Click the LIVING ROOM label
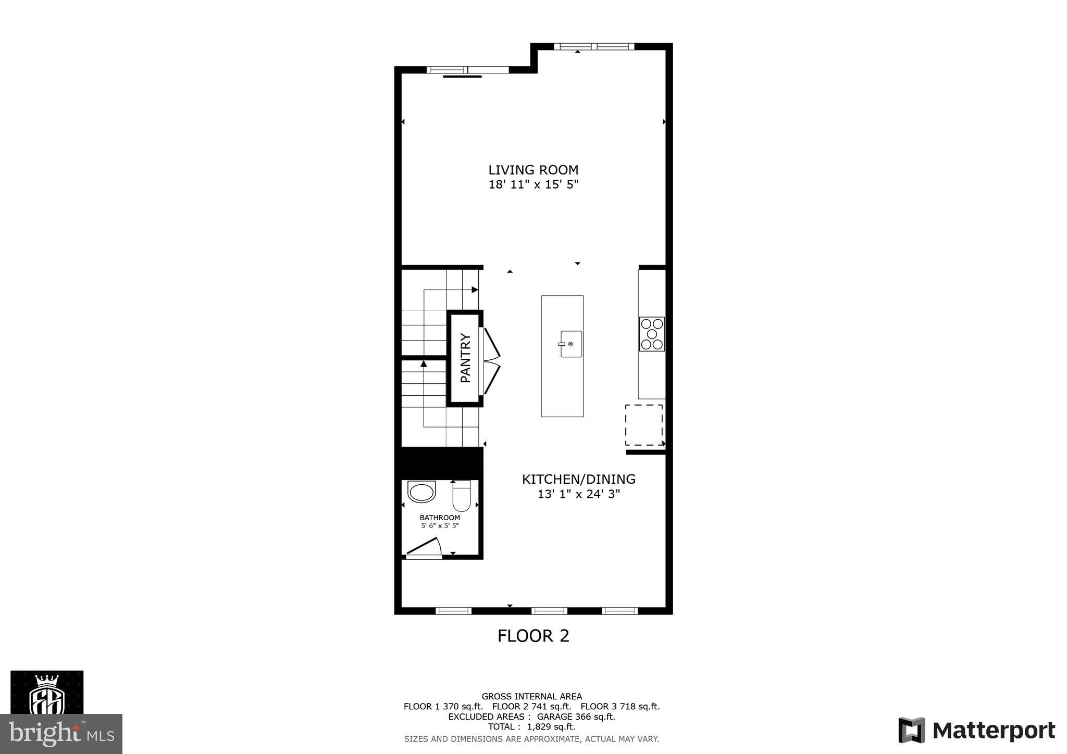pyautogui.click(x=533, y=170)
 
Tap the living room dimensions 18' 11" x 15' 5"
pyautogui.click(x=533, y=184)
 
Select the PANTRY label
pyautogui.click(x=465, y=358)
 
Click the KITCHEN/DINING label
pyautogui.click(x=578, y=479)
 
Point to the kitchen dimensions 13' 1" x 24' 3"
pyautogui.click(x=578, y=494)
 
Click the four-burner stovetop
pyautogui.click(x=652, y=334)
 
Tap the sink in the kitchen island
pyautogui.click(x=570, y=344)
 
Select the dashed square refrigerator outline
pyautogui.click(x=644, y=425)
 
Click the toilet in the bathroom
pyautogui.click(x=462, y=496)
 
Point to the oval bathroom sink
pyautogui.click(x=421, y=492)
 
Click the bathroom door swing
pyautogui.click(x=425, y=547)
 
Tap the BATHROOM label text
pyautogui.click(x=440, y=518)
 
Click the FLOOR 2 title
pyautogui.click(x=533, y=636)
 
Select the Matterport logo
pyautogui.click(x=977, y=731)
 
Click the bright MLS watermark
pyautogui.click(x=61, y=734)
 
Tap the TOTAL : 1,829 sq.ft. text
pyautogui.click(x=531, y=726)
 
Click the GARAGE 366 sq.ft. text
pyautogui.click(x=576, y=717)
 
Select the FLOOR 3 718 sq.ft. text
pyautogui.click(x=620, y=707)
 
